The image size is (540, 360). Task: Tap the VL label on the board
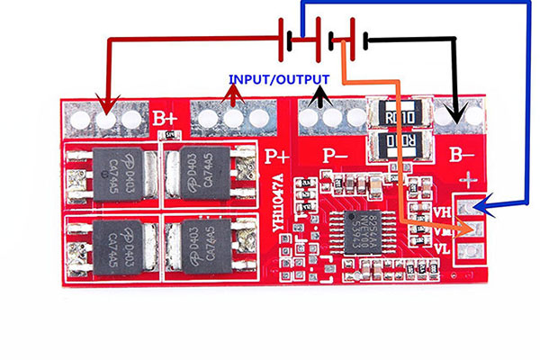click(x=443, y=247)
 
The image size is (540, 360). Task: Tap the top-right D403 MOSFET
click(x=200, y=170)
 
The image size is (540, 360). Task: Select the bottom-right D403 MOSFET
click(x=200, y=242)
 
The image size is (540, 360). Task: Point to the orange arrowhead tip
click(x=470, y=230)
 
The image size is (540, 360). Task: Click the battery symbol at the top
click(x=320, y=39)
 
